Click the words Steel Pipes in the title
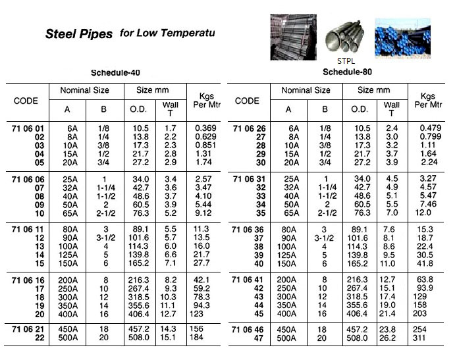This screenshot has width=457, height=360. pyautogui.click(x=78, y=34)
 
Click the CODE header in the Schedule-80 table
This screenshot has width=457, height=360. pyautogui.click(x=247, y=101)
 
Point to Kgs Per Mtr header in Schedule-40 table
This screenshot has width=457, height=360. pyautogui.click(x=203, y=101)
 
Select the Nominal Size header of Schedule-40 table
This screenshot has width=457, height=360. pyautogui.click(x=84, y=90)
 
